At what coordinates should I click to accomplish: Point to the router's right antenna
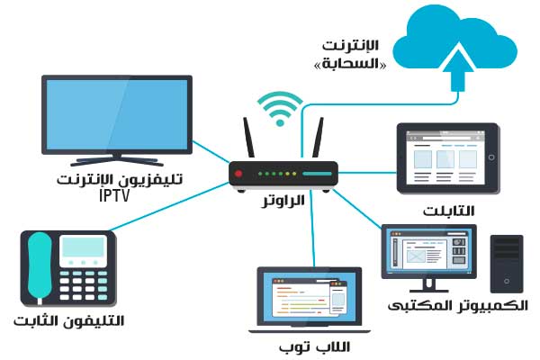point(317,140)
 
